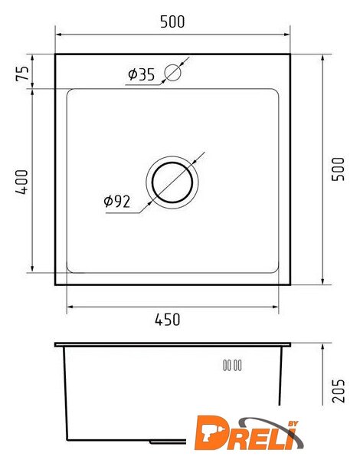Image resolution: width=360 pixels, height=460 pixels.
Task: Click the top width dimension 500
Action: pyautogui.click(x=172, y=21)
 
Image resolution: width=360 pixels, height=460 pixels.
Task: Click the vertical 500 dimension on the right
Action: pyautogui.click(x=338, y=169)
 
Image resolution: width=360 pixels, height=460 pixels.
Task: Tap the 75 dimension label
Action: pyautogui.click(x=22, y=74)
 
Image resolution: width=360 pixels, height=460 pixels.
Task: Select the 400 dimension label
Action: pyautogui.click(x=22, y=182)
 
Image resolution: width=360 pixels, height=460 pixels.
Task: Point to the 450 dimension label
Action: pyautogui.click(x=168, y=320)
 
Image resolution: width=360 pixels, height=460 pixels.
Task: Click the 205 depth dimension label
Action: pyautogui.click(x=339, y=391)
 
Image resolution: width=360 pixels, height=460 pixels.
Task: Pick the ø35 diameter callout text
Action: pyautogui.click(x=141, y=74)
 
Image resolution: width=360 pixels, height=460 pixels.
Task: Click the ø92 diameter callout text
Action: pyautogui.click(x=117, y=202)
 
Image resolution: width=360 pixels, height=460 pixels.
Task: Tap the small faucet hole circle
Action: pyautogui.click(x=172, y=73)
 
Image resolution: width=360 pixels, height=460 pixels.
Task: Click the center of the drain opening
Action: pyautogui.click(x=172, y=182)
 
